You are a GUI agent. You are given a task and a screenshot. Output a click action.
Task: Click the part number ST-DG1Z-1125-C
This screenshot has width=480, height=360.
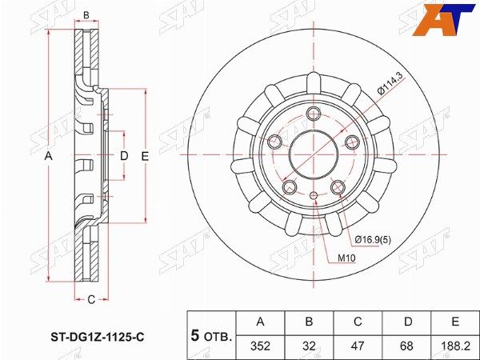click(97, 338)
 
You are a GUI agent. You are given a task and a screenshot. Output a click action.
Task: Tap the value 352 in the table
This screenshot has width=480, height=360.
click(260, 346)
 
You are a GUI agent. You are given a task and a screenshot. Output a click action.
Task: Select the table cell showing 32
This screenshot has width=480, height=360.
click(309, 346)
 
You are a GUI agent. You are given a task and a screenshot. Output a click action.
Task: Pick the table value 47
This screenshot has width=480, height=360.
click(358, 346)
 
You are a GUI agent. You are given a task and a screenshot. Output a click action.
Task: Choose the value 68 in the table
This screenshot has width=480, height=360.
click(406, 346)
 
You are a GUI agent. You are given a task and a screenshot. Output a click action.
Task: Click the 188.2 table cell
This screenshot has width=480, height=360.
click(455, 346)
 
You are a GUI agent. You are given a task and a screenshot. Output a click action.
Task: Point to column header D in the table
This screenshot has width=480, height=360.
click(407, 322)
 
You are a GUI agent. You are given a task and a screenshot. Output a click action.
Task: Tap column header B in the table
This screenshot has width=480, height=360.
click(309, 322)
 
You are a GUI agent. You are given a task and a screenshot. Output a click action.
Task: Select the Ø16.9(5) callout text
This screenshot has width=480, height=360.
click(373, 240)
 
